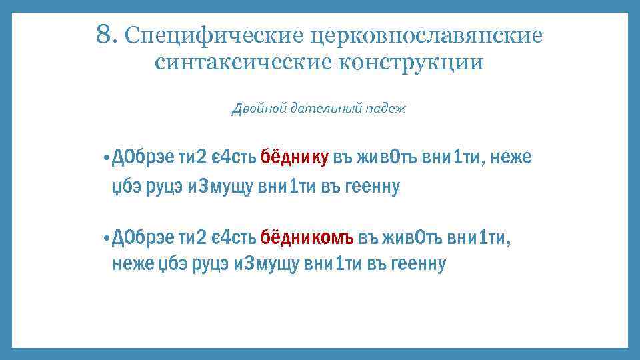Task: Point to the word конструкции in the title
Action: (x=411, y=62)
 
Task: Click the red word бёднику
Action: (x=294, y=158)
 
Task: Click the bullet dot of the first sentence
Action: (x=107, y=159)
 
